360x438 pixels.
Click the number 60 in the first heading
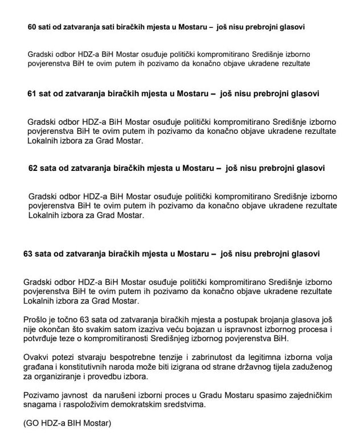[x=32, y=27]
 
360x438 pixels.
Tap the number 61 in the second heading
[x=32, y=93]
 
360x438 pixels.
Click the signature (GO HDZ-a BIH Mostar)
[x=64, y=423]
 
